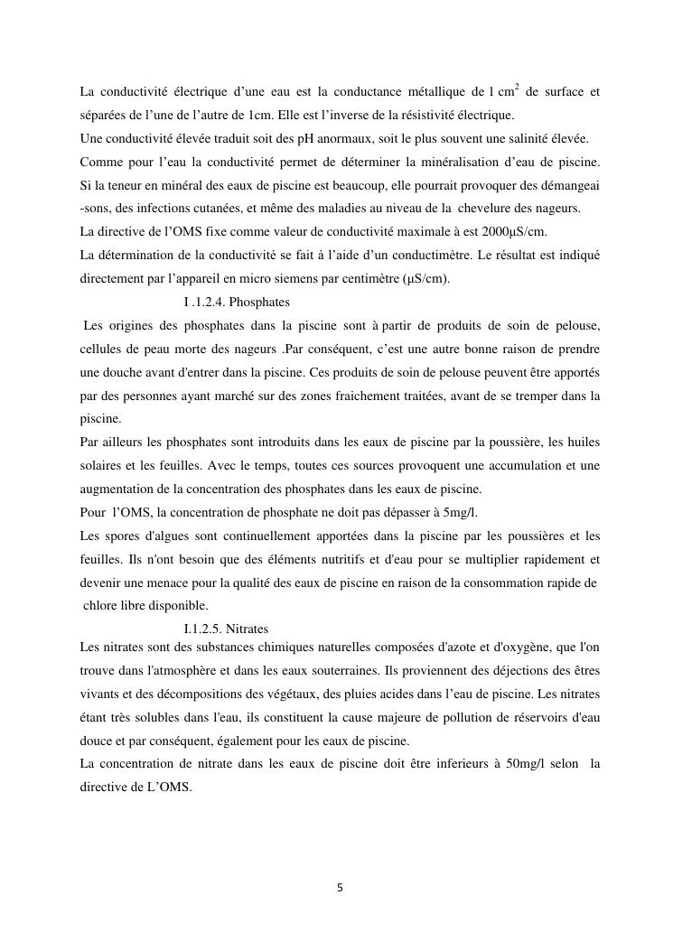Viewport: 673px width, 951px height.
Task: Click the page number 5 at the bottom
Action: [x=339, y=888]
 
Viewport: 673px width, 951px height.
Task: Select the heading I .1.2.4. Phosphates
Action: [x=236, y=302]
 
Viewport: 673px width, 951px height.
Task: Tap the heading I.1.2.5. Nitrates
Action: [x=226, y=628]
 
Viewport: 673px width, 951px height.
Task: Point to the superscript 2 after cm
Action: [x=516, y=87]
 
